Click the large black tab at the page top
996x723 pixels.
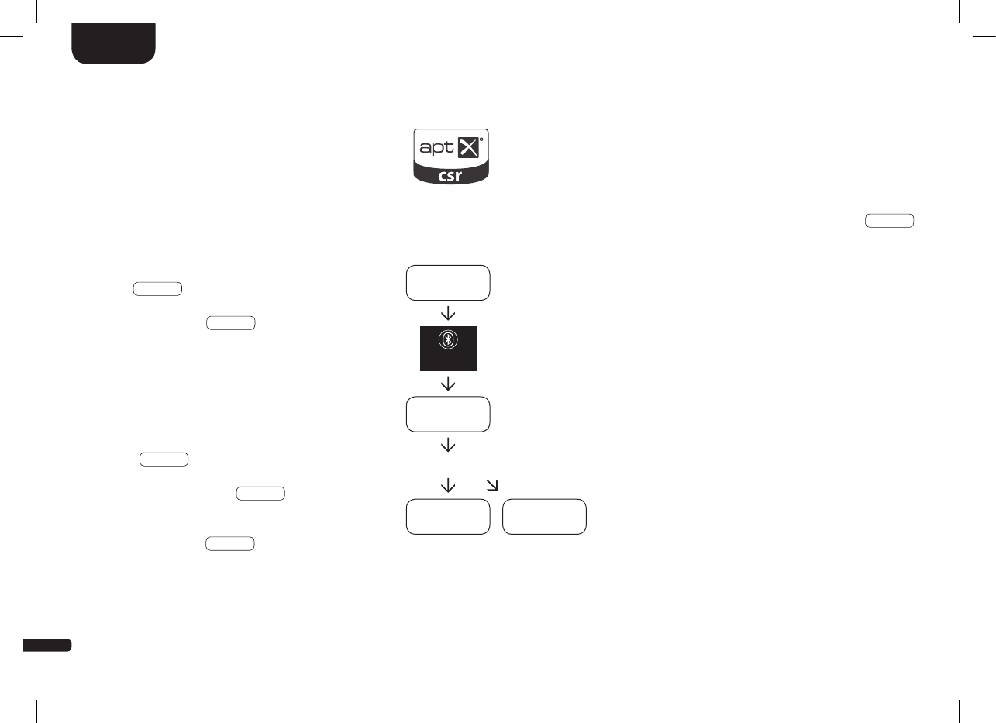coord(114,43)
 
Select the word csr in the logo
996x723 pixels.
coord(450,176)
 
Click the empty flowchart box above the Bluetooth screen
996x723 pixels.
coord(449,283)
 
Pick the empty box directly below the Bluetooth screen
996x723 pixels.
coord(449,415)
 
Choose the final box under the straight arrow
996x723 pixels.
coord(449,517)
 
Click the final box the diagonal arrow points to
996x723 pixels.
coord(544,517)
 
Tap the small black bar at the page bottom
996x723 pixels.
coord(47,645)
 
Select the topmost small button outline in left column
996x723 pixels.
coord(157,290)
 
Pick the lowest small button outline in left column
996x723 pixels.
coord(230,544)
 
